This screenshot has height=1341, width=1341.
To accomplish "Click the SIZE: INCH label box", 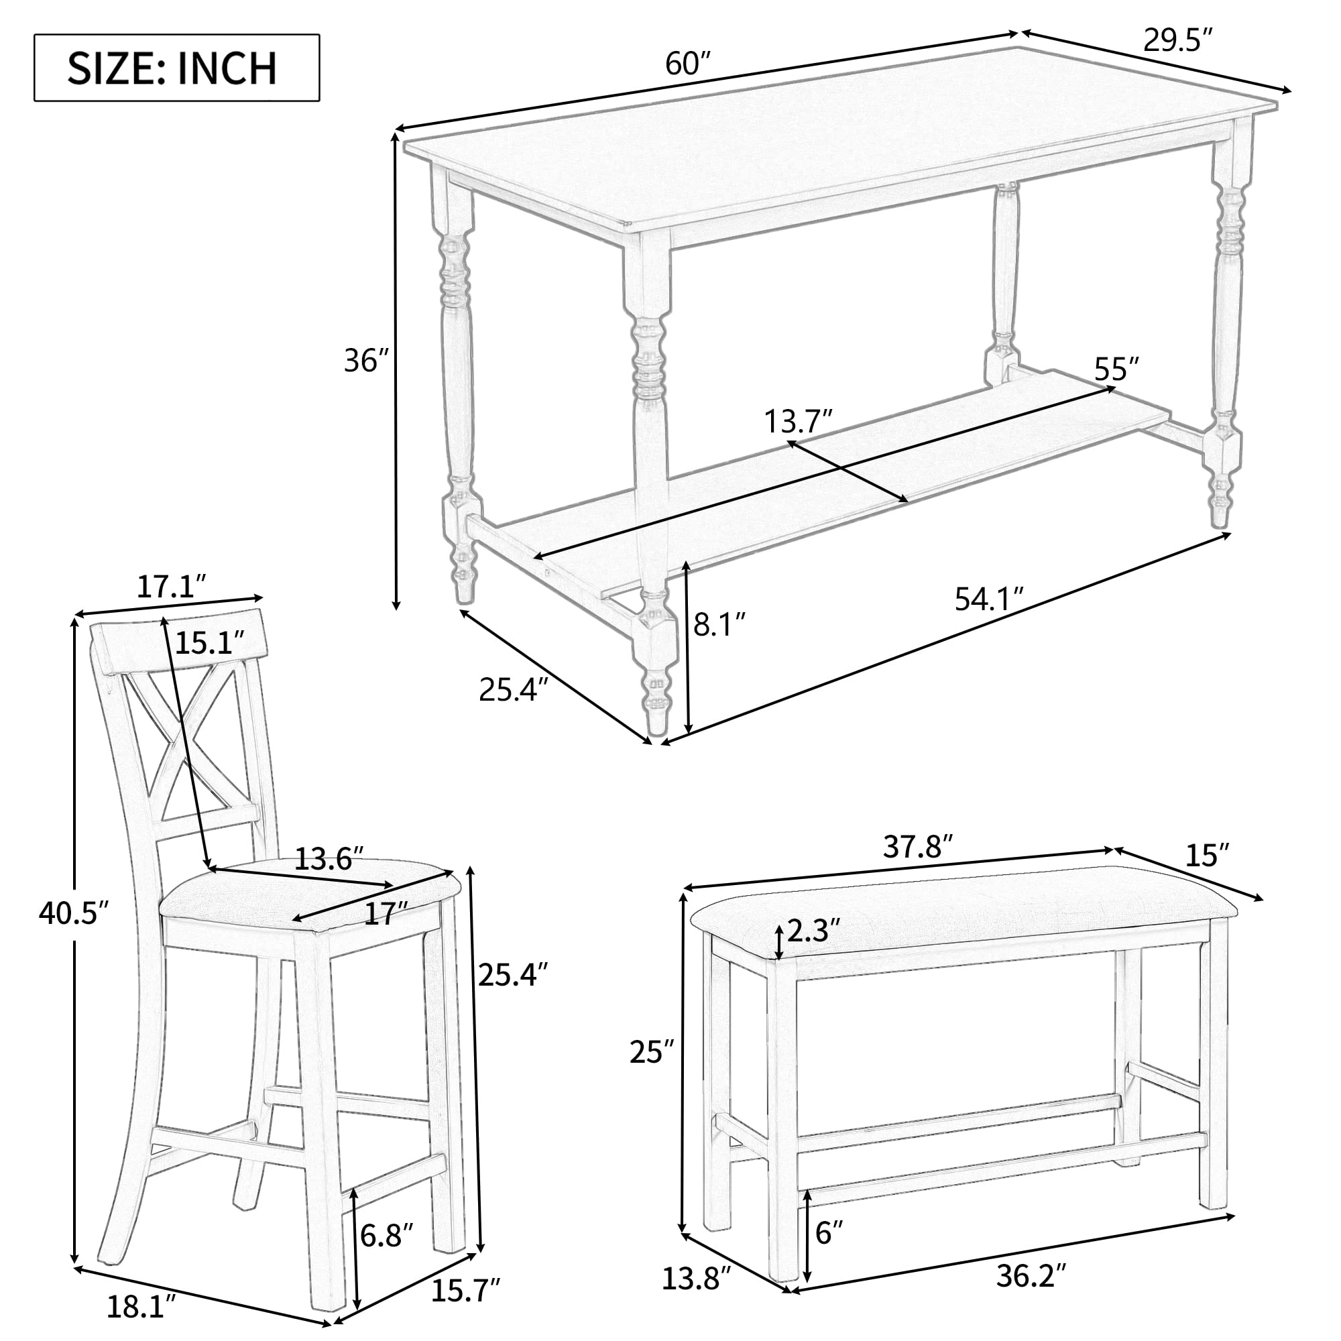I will point(176,67).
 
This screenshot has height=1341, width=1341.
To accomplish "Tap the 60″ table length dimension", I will point(689,64).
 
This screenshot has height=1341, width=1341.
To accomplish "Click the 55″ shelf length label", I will point(1117,369).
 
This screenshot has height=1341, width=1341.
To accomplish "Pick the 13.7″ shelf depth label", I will point(798,421).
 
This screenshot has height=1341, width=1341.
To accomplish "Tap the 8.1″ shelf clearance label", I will point(719,625).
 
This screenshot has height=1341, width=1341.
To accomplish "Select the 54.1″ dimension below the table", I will point(989,599).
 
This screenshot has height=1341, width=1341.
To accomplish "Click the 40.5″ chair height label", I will point(74,913).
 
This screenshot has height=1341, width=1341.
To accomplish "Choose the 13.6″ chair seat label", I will point(329,859).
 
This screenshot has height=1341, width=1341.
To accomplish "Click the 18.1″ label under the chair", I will point(143,1308).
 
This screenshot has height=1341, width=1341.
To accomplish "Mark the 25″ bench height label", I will point(651,1070).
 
